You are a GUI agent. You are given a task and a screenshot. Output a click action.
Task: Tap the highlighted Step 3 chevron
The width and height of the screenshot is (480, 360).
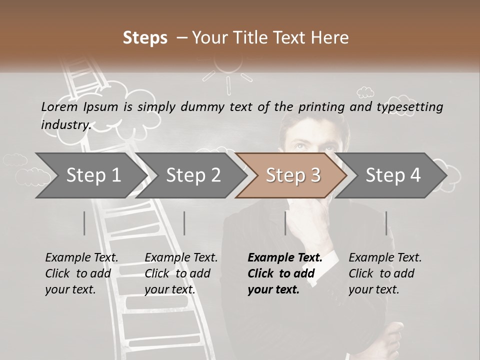293,175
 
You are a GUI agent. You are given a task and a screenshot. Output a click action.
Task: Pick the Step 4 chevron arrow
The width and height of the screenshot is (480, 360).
393,175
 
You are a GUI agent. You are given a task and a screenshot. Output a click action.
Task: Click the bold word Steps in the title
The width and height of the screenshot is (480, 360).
145,38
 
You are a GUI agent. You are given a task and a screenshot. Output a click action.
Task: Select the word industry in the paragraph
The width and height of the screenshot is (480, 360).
65,124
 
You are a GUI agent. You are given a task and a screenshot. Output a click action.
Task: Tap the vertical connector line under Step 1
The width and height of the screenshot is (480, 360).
84,223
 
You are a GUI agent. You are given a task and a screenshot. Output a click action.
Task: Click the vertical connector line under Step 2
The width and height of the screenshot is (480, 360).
184,223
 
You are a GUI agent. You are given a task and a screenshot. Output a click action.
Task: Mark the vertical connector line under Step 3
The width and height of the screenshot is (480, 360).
285,223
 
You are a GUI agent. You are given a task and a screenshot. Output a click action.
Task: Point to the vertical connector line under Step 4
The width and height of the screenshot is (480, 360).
386,223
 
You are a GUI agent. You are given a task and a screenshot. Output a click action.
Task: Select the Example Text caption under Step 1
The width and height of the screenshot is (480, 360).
82,258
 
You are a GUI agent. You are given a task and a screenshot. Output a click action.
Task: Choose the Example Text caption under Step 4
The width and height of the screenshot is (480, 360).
385,258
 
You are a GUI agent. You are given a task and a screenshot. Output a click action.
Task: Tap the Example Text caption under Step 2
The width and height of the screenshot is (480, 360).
181,258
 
